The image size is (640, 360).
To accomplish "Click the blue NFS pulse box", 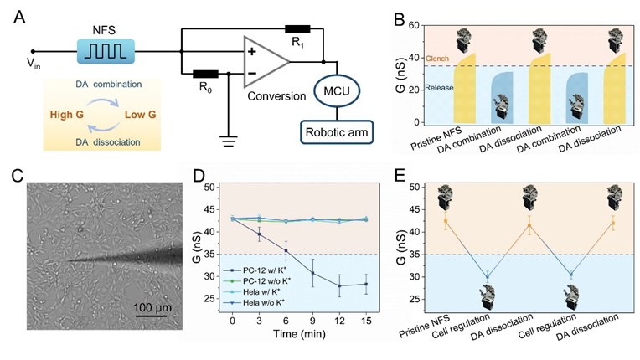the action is [x=106, y=51].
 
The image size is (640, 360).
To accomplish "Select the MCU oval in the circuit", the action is [x=337, y=91].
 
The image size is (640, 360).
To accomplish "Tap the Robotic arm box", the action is [x=337, y=132].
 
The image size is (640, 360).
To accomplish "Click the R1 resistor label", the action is [x=298, y=43].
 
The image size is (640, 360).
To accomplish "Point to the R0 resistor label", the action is [x=206, y=88].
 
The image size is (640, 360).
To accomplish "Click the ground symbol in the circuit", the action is [x=229, y=141].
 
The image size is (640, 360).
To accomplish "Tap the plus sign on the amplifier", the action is [x=252, y=51].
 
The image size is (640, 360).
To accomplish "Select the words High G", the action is [x=66, y=115].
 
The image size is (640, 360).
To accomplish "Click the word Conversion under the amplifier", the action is [x=276, y=96].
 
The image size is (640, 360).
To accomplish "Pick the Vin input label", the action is [x=34, y=63].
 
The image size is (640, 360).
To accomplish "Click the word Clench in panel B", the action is [x=437, y=59].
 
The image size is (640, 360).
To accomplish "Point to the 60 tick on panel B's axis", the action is [x=414, y=25].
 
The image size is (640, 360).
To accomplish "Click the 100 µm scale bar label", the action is [x=152, y=307].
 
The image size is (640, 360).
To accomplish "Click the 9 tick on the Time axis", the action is [x=313, y=321].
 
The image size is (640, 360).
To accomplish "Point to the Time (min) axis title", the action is [x=299, y=334].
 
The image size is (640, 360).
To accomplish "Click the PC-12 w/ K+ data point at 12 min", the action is [x=339, y=285].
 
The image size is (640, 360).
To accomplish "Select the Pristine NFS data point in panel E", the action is [x=446, y=221].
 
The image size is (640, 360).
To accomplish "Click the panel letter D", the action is [x=199, y=176].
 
